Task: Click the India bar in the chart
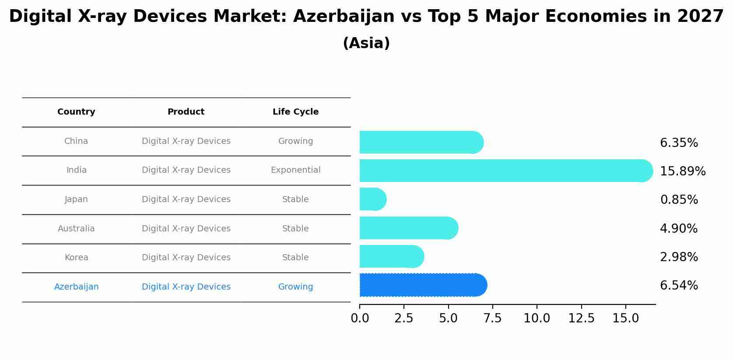point(505,171)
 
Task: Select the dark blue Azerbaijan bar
point(423,285)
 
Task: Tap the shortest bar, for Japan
point(372,199)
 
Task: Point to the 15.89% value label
point(683,171)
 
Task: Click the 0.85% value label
point(679,200)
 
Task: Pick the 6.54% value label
point(679,286)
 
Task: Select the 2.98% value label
point(679,257)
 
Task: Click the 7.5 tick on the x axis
point(492,318)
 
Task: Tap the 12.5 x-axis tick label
point(581,318)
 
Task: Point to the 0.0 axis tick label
point(360,318)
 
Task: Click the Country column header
point(76,112)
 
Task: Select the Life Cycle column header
point(295,112)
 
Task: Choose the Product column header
point(186,112)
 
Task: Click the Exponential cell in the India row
point(295,170)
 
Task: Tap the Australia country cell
point(76,229)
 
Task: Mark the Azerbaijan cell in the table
point(76,287)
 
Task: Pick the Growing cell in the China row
point(295,141)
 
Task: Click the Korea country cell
point(76,258)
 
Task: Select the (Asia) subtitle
point(366,43)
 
